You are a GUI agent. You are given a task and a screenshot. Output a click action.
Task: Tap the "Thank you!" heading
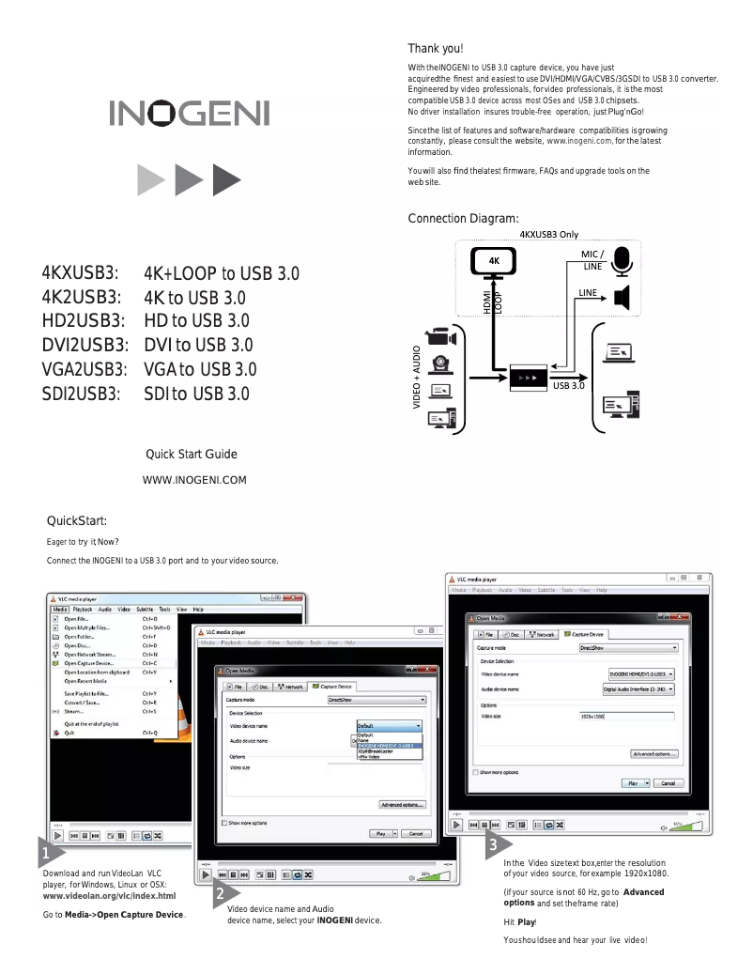436,49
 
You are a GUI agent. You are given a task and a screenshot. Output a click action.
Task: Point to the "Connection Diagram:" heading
463,219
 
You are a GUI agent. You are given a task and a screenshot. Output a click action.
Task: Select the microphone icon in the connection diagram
621,259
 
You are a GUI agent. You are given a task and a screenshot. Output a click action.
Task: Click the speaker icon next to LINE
620,298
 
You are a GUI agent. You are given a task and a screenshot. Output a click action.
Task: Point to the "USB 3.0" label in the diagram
569,386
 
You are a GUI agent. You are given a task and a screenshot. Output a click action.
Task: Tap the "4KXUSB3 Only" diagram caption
548,234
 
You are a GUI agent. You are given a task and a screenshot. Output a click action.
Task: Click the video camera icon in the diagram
440,336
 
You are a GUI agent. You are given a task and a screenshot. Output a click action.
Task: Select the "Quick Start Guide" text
191,455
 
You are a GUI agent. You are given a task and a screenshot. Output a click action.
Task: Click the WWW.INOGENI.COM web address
193,481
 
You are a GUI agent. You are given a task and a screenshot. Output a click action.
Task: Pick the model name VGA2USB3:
82,369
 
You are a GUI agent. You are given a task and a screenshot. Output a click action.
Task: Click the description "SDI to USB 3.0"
196,393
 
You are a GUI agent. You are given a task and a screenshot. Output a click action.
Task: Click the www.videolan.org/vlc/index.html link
109,895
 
